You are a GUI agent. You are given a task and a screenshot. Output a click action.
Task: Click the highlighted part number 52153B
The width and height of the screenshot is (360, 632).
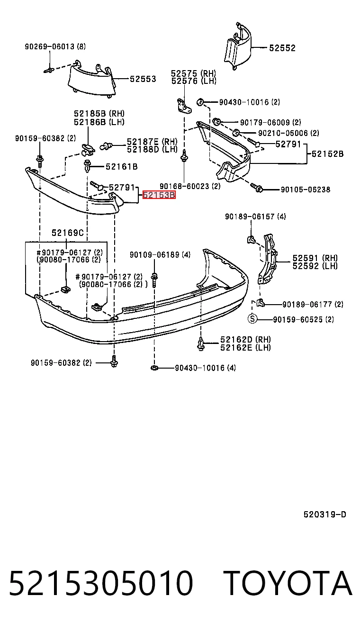point(159,195)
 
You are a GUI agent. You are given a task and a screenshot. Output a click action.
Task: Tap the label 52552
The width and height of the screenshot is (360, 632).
point(282,48)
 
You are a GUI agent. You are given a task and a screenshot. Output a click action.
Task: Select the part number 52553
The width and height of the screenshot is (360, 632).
point(143,79)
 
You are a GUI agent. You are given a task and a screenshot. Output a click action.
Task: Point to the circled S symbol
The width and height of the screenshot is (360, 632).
point(252,319)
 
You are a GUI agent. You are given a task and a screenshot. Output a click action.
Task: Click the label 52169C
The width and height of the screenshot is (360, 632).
point(68,233)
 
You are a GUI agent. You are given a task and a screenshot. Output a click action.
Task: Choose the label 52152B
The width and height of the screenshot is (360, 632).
point(327,154)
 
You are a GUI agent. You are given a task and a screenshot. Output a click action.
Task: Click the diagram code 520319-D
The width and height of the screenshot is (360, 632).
point(324,515)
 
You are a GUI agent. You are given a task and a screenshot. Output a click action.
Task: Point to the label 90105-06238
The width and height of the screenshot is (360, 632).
point(305,190)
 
